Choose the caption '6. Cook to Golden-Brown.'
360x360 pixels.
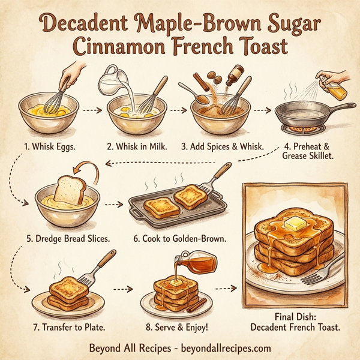pos(179,238)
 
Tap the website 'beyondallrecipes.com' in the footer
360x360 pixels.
pos(222,348)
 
